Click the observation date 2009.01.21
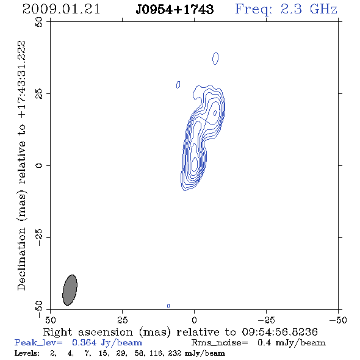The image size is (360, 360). [61, 9]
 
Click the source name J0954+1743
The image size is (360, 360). [175, 9]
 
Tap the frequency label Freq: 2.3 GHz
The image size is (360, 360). [286, 9]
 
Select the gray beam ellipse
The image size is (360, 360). [70, 290]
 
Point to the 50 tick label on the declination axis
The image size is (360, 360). [39, 22]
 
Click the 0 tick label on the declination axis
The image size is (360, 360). [39, 165]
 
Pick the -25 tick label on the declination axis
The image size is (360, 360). [39, 237]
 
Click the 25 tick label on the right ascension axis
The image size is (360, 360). [122, 320]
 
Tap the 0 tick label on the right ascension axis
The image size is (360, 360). [194, 320]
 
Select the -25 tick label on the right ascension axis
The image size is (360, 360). [266, 320]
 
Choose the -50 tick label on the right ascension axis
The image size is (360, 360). [338, 320]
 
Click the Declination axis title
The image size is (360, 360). [21, 165]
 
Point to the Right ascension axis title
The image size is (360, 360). [181, 332]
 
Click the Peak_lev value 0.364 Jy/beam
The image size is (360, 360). [107, 343]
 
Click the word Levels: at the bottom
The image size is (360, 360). [27, 353]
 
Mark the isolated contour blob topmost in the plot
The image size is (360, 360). [215, 59]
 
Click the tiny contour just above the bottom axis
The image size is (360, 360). [168, 306]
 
